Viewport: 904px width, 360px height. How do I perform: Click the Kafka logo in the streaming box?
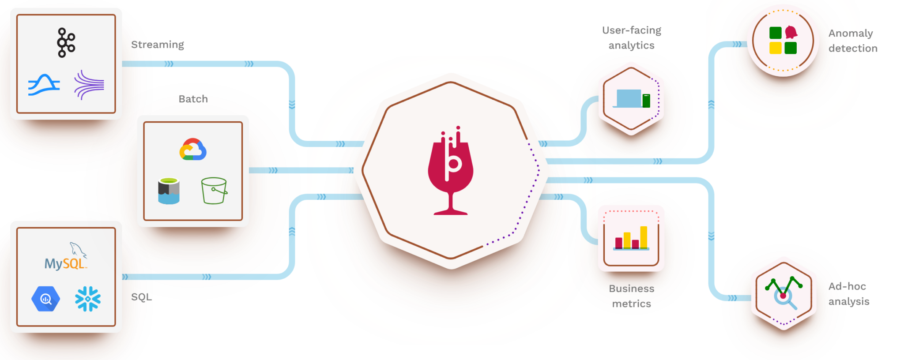[66, 43]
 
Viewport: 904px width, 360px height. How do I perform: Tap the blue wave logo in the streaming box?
[44, 85]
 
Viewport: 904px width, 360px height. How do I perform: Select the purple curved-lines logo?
[89, 85]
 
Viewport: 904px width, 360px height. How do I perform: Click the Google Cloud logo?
[193, 150]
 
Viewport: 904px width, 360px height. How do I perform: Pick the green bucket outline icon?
[214, 191]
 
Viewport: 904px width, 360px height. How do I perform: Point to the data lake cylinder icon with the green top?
[169, 191]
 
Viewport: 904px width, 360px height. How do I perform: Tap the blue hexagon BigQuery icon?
[46, 299]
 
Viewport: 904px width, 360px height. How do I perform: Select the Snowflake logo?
[88, 299]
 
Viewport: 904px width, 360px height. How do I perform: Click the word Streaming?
[158, 45]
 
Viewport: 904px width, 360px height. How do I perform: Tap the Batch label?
[193, 99]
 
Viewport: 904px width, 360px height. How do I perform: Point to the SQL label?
[141, 297]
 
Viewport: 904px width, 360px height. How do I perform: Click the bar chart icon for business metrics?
[632, 238]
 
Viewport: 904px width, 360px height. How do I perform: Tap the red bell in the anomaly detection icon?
[791, 32]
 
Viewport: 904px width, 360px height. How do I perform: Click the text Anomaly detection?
[852, 41]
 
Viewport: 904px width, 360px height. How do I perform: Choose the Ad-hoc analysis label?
[848, 294]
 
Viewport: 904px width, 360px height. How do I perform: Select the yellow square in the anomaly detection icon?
[776, 48]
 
